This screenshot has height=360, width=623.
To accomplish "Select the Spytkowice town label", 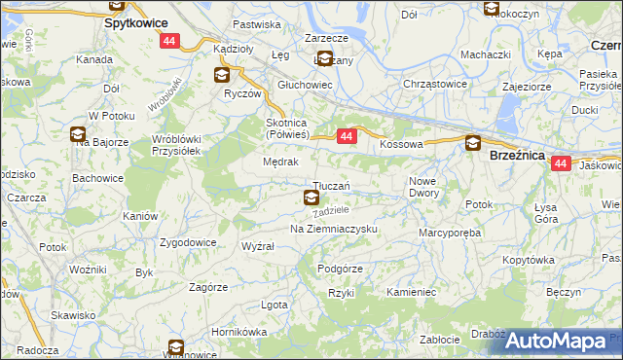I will point(135,20).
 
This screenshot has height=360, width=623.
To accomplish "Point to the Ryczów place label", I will point(242,94).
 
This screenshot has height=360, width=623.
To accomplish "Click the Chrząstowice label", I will point(435,84).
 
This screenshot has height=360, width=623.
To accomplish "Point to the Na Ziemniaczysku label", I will point(334,229).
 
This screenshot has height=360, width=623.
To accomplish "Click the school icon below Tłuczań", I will point(311,198).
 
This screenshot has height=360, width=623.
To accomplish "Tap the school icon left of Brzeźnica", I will point(472,143).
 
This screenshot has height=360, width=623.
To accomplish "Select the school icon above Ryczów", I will point(222,74).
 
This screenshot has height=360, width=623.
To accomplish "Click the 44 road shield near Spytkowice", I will point(170,41).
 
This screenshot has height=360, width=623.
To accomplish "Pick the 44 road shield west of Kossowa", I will point(347,138).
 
